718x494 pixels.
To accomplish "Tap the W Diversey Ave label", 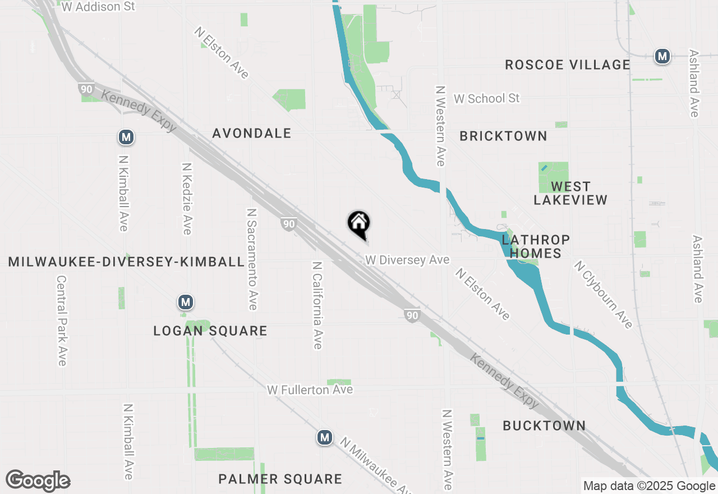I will coord(407,260).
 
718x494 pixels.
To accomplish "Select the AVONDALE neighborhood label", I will coord(252,133).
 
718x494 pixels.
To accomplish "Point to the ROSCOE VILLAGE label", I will coord(568,65).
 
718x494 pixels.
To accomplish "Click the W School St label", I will coord(487,98).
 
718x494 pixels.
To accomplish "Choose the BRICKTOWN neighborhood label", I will coord(503,136).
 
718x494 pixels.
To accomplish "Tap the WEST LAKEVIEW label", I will coord(570,193).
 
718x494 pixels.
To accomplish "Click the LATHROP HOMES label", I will coord(536,246).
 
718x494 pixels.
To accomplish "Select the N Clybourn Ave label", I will coord(603,294).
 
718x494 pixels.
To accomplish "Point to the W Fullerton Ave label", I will coord(310,390).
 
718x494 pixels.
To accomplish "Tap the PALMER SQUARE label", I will coord(280,479).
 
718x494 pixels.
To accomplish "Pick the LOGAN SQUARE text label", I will coord(210,331).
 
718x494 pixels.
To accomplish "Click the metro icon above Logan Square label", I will coord(186,303).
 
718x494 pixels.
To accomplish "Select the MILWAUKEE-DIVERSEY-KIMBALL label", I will coord(127,262).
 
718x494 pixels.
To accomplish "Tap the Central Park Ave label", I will coord(62,320).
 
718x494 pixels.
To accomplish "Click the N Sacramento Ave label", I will coord(252,259).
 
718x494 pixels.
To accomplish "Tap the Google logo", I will coord(38,481).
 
